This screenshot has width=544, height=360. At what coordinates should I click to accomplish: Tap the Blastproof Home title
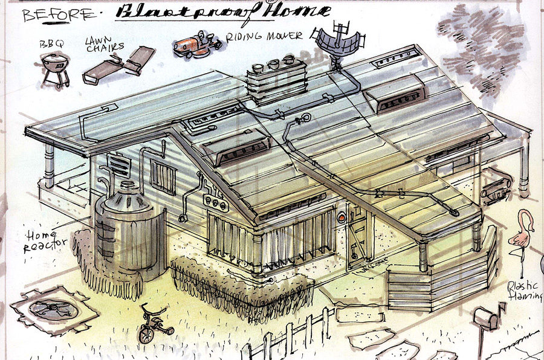(223, 11)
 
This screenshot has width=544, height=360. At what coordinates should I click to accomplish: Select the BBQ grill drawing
(54, 68)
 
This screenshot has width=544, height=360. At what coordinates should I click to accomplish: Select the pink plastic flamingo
(519, 233)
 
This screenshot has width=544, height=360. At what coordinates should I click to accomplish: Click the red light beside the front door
(342, 217)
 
